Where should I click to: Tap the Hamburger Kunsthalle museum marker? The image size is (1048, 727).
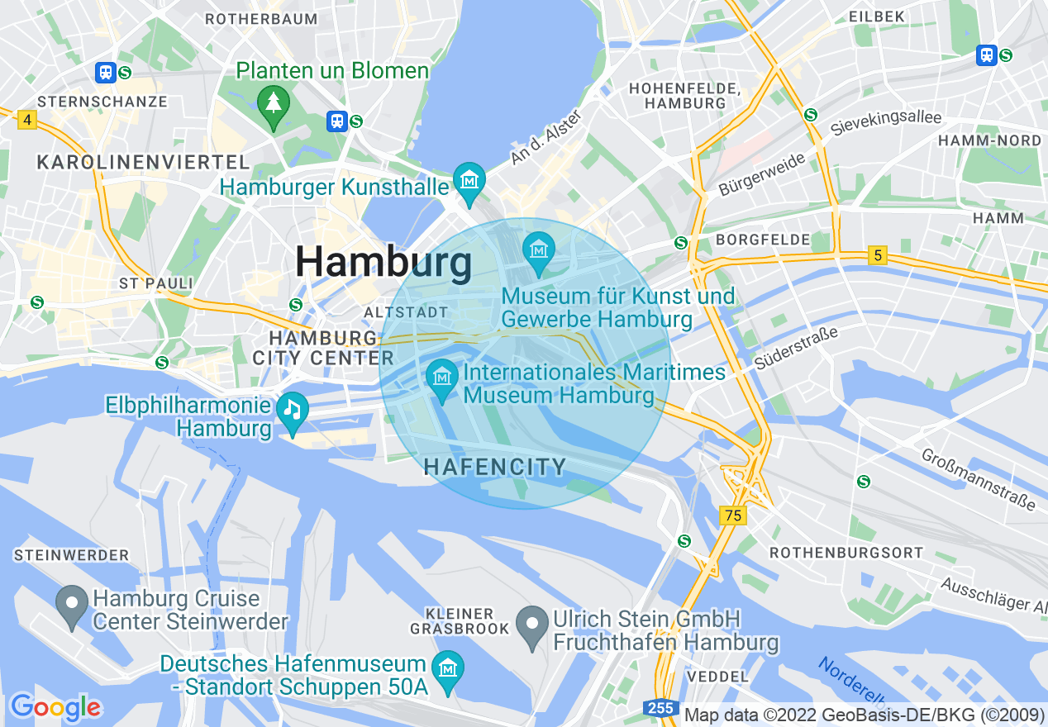(x=469, y=179)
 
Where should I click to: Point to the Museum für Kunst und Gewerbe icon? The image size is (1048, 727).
(x=539, y=249)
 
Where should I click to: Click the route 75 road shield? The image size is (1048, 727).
(x=732, y=516)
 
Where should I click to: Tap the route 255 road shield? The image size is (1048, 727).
(x=660, y=709)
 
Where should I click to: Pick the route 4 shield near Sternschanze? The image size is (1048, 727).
(x=27, y=121)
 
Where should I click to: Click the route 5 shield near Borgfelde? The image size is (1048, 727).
(x=878, y=256)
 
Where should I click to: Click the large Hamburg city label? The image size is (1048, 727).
(x=384, y=263)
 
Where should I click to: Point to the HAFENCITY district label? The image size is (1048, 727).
(x=495, y=467)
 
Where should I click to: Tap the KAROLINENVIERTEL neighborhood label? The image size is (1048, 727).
(x=143, y=162)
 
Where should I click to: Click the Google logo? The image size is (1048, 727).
(x=55, y=707)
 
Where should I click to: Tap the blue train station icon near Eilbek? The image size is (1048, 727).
(x=986, y=55)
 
